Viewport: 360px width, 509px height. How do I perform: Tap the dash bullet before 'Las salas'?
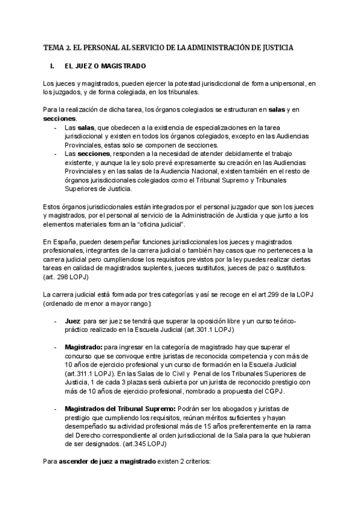56,128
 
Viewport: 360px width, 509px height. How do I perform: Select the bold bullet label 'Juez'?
72,321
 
